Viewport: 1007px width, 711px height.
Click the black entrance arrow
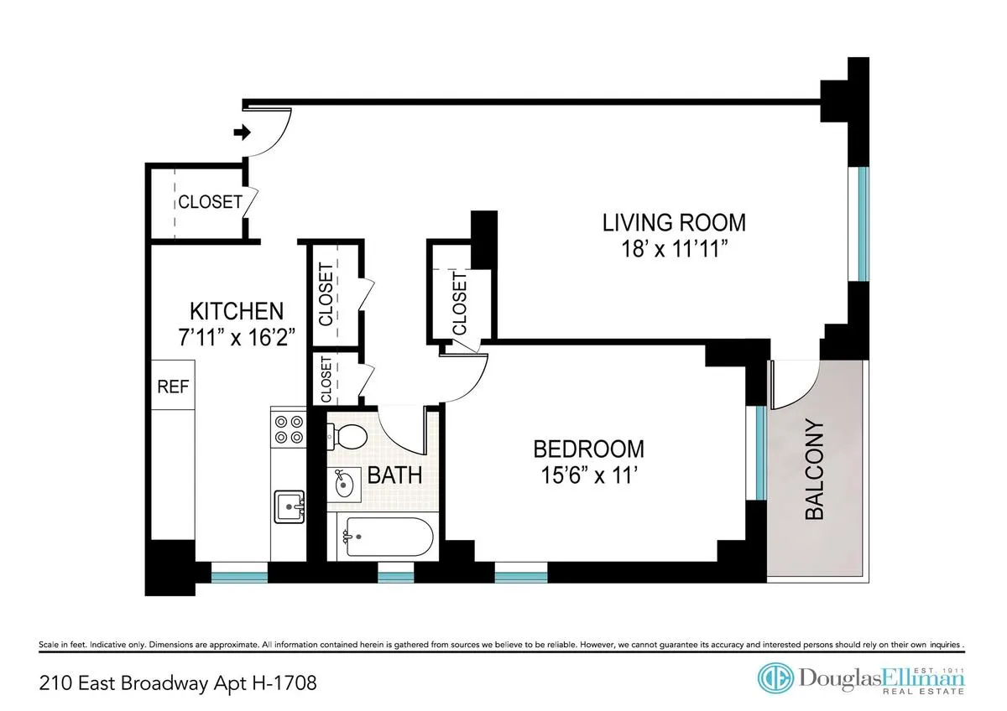coord(242,132)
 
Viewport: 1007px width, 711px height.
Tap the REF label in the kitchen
coord(173,387)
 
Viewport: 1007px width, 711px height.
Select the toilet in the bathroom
coord(347,436)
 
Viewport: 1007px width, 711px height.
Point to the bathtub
coord(383,537)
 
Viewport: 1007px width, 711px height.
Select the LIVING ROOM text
coord(674,223)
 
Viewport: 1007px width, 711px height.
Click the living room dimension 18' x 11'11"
coord(674,249)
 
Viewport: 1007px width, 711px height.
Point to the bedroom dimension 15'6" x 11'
coord(589,475)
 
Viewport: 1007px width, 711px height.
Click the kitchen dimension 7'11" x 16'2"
coord(236,337)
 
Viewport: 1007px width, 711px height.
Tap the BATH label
coord(394,476)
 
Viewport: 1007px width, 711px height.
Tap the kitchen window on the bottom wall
coord(239,575)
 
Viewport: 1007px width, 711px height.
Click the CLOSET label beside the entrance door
coord(209,202)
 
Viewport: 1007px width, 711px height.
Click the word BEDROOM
coord(589,449)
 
